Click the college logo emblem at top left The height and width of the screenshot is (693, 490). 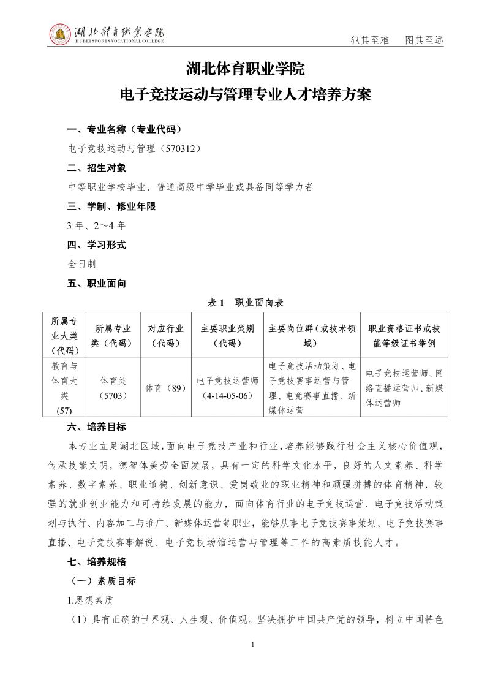pyautogui.click(x=61, y=34)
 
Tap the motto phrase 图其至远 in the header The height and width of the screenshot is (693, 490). pyautogui.click(x=424, y=40)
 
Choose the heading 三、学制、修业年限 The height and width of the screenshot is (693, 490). pyautogui.click(x=111, y=206)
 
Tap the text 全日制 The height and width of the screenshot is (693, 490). pyautogui.click(x=81, y=265)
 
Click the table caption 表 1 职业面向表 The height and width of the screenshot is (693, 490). pyautogui.click(x=245, y=303)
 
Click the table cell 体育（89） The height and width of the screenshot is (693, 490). pyautogui.click(x=165, y=388)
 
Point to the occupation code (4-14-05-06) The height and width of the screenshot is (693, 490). pyautogui.click(x=227, y=395)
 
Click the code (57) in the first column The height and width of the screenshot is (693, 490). pyautogui.click(x=64, y=410)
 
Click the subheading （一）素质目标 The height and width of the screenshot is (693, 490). pyautogui.click(x=104, y=581)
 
